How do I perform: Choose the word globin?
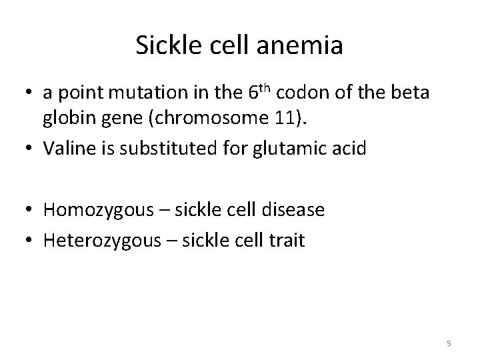pos(66,119)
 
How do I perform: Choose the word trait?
pos(285,240)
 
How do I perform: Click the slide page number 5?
pos(449,343)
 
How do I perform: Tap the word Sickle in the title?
pos(162,45)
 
